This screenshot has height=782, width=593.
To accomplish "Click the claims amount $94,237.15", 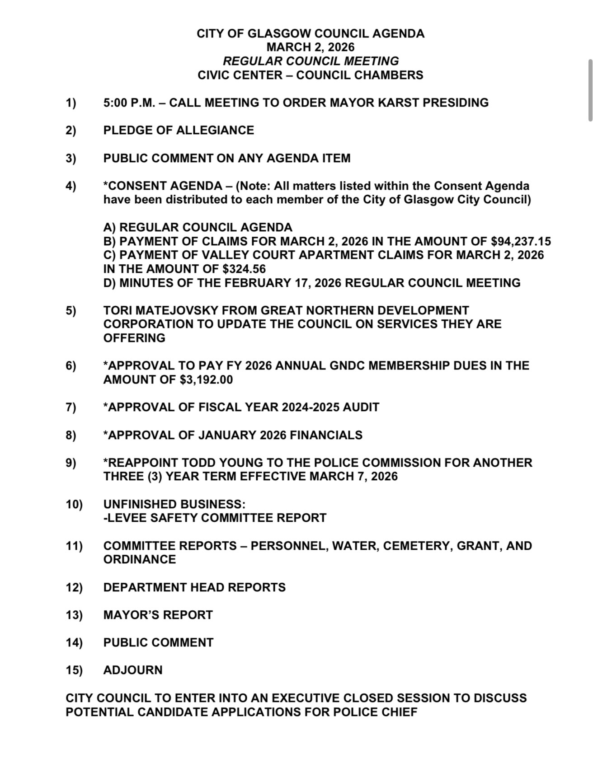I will pos(521,241).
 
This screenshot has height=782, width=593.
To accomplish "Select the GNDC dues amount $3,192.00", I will pos(206,379).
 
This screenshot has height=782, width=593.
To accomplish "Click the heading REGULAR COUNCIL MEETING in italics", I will pos(311,61).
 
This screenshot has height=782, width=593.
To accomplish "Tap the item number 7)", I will pos(71,407).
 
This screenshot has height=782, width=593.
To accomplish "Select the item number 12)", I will pos(74,587).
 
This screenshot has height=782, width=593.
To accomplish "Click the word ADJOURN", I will pos(133,670).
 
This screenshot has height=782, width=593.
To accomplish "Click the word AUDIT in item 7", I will pos(361,407).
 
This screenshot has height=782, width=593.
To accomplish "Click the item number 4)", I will pos(71,186).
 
